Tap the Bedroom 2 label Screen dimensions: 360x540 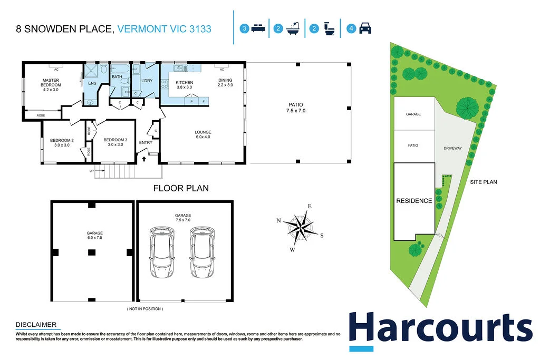click(x=62, y=142)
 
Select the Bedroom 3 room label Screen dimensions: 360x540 click(x=115, y=142)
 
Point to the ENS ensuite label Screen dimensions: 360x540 click(x=92, y=83)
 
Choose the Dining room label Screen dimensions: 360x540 click(x=225, y=82)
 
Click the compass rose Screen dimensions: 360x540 click(x=302, y=227)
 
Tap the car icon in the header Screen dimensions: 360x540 click(x=365, y=29)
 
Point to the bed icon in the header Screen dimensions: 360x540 click(x=257, y=29)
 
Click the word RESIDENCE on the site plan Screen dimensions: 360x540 click(x=414, y=201)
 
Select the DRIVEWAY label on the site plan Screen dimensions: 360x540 click(x=452, y=148)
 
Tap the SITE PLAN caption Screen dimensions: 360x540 click(x=484, y=182)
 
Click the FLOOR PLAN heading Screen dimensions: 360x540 click(x=181, y=188)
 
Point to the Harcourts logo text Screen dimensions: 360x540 click(x=440, y=328)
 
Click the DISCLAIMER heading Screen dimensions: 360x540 click(x=36, y=325)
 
